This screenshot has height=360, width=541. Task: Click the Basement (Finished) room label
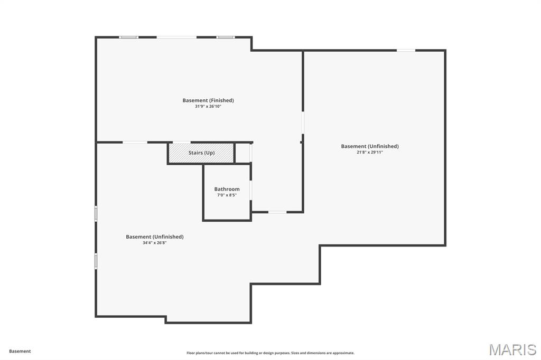tap(208, 100)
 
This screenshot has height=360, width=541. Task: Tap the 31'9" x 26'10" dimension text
tap(208, 107)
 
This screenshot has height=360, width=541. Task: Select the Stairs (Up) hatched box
tap(201, 153)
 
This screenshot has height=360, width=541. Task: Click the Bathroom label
tap(227, 189)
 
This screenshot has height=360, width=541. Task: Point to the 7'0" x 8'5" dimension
tap(227, 195)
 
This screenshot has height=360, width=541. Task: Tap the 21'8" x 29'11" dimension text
tap(370, 153)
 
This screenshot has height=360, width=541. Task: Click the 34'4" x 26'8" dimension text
tap(155, 243)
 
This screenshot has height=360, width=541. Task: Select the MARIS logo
tap(513, 349)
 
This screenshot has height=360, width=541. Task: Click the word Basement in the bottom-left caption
tap(20, 351)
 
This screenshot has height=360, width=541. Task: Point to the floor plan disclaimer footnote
tap(270, 353)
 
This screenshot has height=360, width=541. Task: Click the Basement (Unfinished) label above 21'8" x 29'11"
tap(370, 146)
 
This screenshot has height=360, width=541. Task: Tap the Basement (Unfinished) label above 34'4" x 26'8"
tap(155, 237)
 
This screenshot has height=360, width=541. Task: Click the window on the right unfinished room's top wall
tap(406, 51)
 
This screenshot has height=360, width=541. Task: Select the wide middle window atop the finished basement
tap(177, 37)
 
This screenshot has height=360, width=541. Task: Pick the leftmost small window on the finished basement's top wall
tap(128, 37)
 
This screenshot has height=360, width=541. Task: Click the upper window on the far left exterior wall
tap(96, 213)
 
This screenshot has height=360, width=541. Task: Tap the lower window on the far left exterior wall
tap(96, 261)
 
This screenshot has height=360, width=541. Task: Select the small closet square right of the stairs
tap(242, 153)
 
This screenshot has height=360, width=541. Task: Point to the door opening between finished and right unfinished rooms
tap(303, 123)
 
